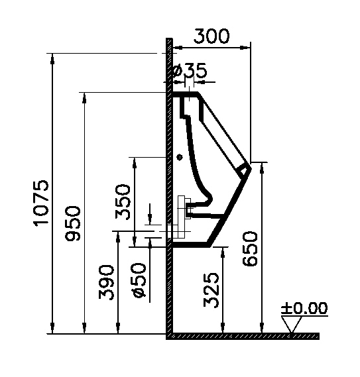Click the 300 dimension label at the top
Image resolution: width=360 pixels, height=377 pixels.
point(211,36)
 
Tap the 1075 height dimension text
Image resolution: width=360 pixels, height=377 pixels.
point(41,203)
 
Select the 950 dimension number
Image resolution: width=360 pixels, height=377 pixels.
point(73,223)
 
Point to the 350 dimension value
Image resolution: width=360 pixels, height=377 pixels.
point(123,202)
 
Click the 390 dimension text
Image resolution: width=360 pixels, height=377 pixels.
point(106,282)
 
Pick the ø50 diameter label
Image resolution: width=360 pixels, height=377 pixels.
point(139,280)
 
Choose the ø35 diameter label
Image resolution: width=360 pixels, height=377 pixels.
point(190,71)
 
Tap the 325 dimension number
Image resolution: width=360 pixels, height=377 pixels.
point(211,290)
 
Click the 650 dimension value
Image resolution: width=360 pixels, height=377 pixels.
point(250,249)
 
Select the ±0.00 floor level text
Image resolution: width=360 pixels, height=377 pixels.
point(304,308)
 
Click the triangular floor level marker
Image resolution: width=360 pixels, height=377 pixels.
point(292,324)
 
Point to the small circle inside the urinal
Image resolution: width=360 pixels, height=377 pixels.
point(180,157)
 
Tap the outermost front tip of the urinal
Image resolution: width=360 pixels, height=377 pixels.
point(251,169)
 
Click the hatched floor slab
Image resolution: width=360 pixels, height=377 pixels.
point(243,336)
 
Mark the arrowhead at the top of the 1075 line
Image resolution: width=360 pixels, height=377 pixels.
point(52,59)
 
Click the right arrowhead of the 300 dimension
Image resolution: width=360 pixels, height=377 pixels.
point(245,48)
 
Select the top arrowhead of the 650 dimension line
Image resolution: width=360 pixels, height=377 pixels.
point(262,168)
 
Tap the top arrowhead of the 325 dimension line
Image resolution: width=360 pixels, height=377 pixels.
point(223,252)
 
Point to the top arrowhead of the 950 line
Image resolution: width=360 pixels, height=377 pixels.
point(84,98)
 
